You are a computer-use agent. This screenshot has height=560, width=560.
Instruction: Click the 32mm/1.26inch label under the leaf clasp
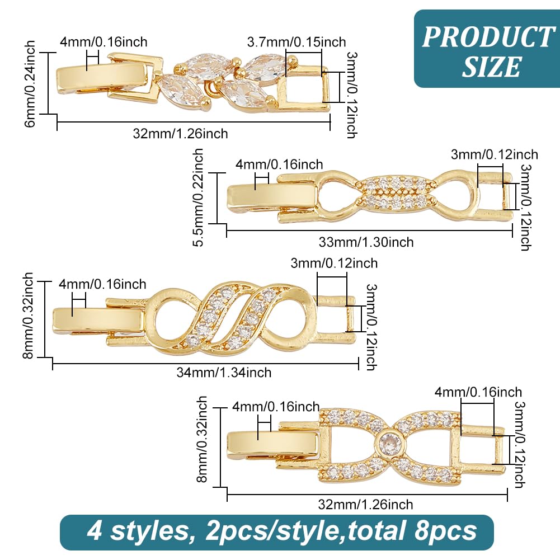(x=180, y=134)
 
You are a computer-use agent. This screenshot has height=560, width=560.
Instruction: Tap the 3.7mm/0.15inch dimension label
(x=297, y=42)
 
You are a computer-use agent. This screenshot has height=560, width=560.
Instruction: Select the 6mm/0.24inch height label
(x=30, y=83)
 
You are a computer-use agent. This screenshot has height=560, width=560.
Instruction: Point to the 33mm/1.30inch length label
(x=366, y=242)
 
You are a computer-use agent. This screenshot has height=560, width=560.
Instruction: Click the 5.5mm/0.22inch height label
(x=197, y=197)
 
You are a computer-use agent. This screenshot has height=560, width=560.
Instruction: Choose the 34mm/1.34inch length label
(x=224, y=373)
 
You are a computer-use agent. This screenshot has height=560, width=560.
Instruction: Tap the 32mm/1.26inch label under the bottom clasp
(x=365, y=505)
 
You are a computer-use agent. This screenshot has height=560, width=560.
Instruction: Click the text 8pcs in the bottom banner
(x=445, y=531)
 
